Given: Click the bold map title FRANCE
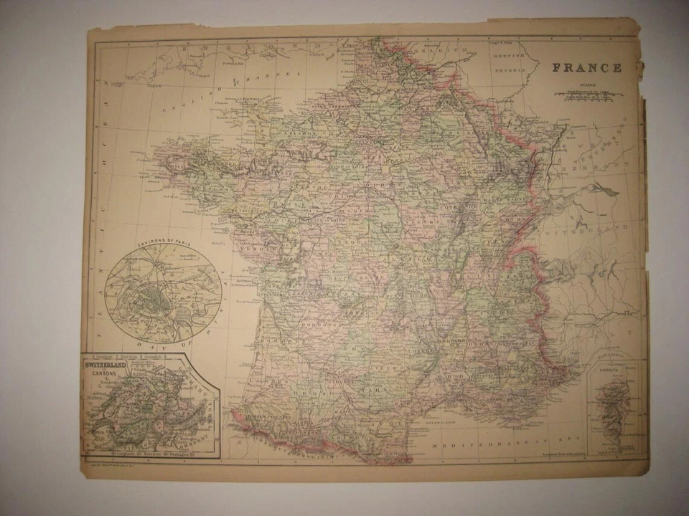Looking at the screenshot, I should point(586,68).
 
